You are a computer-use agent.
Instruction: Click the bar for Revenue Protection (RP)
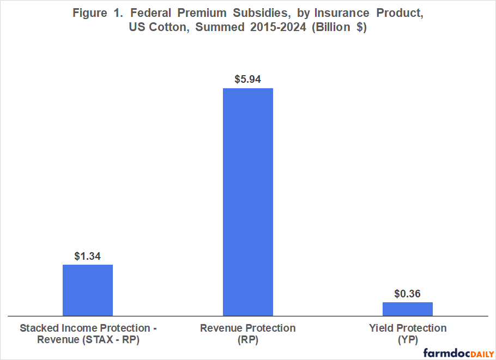pyautogui.click(x=247, y=202)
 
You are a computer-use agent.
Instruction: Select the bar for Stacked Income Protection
pyautogui.click(x=88, y=290)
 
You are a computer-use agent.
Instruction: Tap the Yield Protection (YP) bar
pyautogui.click(x=407, y=309)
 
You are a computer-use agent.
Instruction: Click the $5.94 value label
pyautogui.click(x=247, y=79)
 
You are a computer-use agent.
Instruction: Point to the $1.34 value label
pyautogui.click(x=88, y=256)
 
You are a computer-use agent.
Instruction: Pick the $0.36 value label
pyautogui.click(x=407, y=294)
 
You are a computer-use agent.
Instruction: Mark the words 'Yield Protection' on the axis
pyautogui.click(x=407, y=328)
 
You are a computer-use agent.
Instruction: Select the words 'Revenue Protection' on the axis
pyautogui.click(x=247, y=328)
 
